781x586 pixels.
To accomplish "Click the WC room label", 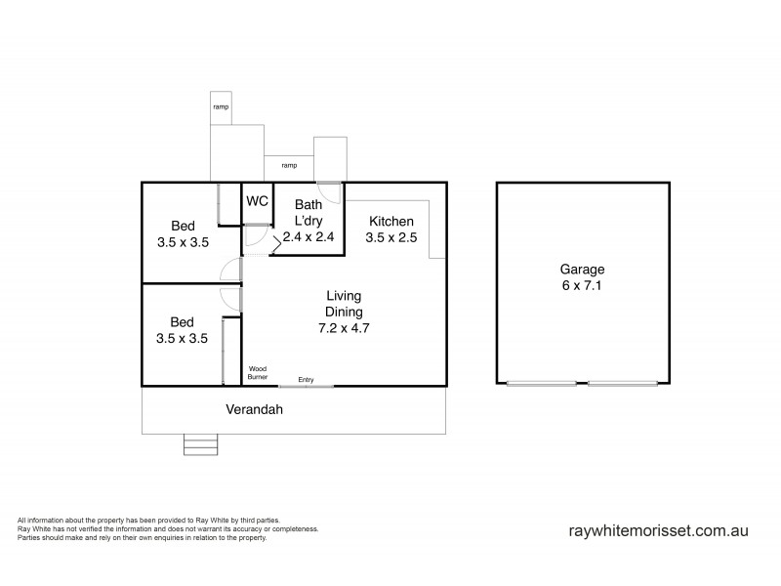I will point(257,201).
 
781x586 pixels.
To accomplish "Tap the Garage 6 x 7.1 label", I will point(582,278).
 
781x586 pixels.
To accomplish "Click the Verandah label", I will point(255,410).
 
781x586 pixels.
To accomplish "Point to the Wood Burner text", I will point(258,371).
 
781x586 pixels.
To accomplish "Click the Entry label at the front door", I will point(306,379).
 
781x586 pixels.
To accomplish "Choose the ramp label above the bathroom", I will point(289,165).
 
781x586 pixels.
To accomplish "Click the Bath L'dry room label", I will point(308,221).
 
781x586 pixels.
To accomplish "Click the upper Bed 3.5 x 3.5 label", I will point(183,234).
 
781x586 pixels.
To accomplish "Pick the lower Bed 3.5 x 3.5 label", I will point(183,330).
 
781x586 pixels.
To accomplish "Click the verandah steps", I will point(199,444).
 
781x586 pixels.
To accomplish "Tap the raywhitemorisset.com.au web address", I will point(658,531).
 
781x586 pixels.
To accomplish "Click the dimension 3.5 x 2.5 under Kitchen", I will point(390,237).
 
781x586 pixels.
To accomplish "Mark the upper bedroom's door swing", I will point(230,271).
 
